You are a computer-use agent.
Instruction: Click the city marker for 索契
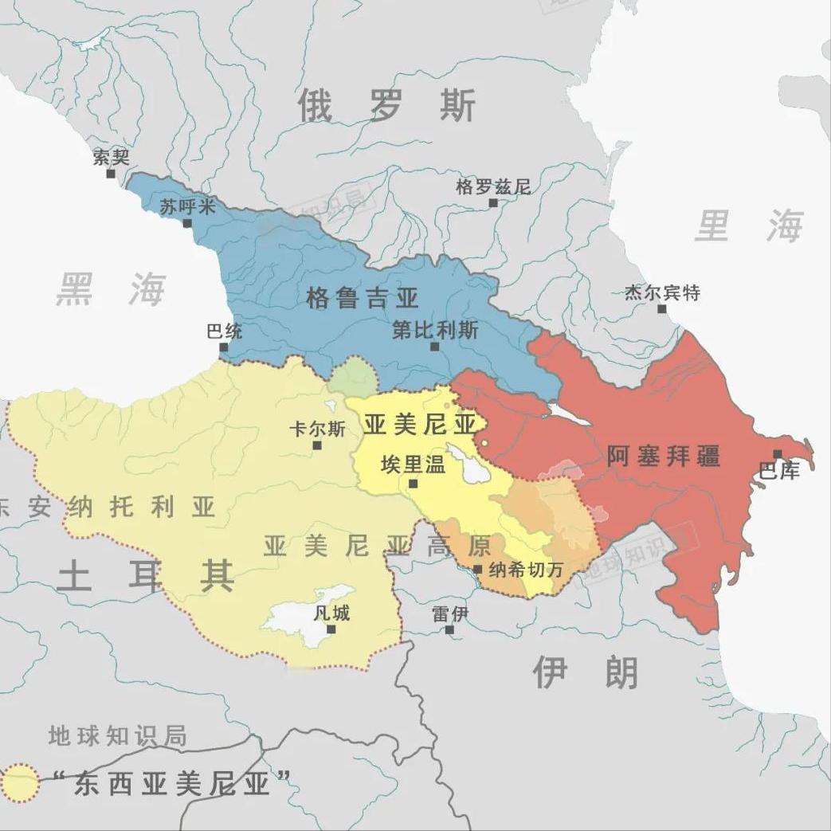111,173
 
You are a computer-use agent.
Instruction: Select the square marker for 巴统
224,347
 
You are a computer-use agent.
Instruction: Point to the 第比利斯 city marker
434,347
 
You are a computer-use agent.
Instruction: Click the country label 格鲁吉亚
362,299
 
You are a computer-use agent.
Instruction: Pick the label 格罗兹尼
492,187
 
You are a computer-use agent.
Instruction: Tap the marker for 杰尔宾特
661,308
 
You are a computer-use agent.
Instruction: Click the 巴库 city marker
778,454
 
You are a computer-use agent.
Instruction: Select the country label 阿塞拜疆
663,456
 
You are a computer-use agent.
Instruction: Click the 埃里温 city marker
413,483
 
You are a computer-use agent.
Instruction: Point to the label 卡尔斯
317,429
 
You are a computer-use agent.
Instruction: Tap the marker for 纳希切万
477,570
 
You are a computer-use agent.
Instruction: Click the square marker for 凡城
331,629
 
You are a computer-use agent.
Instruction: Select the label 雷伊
449,614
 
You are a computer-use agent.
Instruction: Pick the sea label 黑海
111,288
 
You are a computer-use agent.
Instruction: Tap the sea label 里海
749,226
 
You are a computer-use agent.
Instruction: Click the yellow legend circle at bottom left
19,783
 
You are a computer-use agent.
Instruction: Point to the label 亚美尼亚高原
376,546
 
